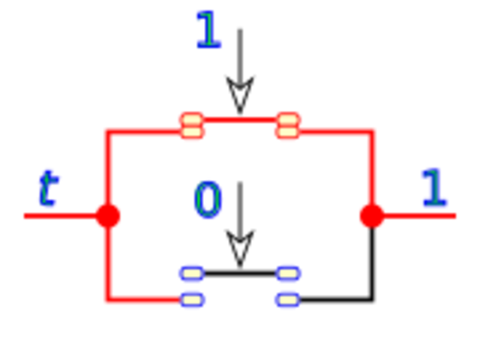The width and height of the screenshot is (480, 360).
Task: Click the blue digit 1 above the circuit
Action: pos(208,29)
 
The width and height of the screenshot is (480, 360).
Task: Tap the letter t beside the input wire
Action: pos(48,187)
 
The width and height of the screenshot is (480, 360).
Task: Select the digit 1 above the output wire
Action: pos(433,187)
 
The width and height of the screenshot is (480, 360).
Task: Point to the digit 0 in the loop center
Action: pos(208,199)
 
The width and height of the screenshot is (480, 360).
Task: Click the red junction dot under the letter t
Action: pos(108,215)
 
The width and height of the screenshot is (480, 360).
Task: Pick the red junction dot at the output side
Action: pos(372,215)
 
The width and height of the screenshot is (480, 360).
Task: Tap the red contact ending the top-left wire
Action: pos(192,126)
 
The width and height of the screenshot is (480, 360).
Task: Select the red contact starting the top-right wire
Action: pos(288,126)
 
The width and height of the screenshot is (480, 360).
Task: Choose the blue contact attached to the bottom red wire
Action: pos(192,299)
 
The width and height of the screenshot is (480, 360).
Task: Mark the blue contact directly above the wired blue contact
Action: pos(192,273)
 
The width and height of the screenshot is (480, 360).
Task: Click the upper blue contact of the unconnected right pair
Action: pos(288,273)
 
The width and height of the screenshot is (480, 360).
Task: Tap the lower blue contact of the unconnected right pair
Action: pos(288,299)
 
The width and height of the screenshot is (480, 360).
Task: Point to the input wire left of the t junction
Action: pos(60,216)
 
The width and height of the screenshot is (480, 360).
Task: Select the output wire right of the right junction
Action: pos(420,216)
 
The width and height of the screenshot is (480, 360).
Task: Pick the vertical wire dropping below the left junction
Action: pos(108,262)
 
